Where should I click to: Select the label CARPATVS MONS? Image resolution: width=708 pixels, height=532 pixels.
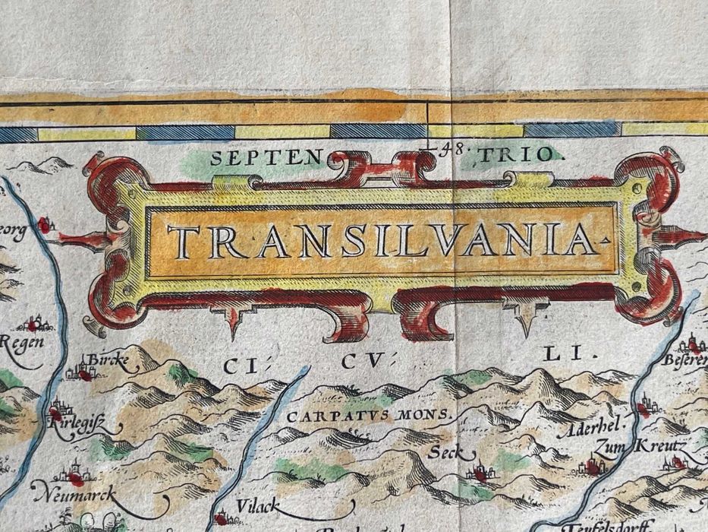370,416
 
